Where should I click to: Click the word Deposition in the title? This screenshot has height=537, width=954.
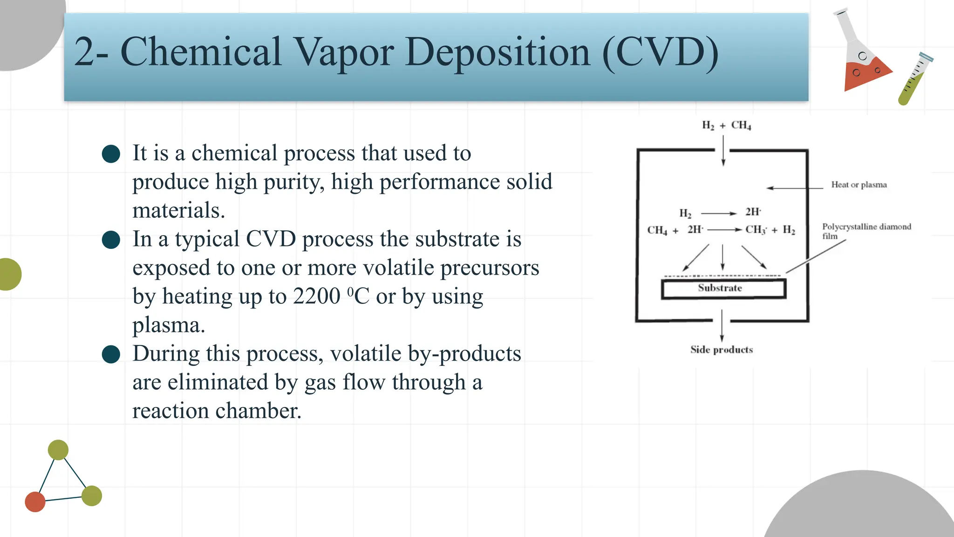(x=497, y=52)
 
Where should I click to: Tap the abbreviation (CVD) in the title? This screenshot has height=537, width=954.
(x=660, y=52)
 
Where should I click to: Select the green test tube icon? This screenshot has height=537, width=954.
(x=914, y=79)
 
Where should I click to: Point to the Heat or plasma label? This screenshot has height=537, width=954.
(x=859, y=185)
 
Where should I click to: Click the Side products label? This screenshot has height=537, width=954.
(x=721, y=350)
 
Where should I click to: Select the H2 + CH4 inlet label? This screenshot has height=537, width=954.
(x=726, y=125)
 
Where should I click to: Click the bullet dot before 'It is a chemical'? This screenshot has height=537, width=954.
(x=111, y=154)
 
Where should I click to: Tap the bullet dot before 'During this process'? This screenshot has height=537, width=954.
(x=111, y=354)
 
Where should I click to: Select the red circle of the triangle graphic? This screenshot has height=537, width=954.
(x=35, y=502)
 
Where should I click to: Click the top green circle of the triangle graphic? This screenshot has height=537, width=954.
(x=58, y=450)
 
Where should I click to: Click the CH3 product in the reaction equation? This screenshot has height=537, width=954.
(x=756, y=230)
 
